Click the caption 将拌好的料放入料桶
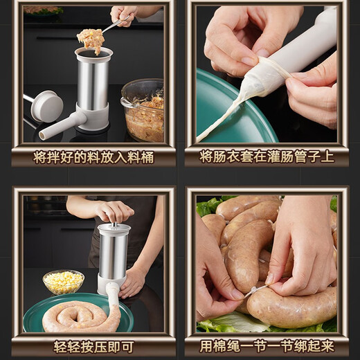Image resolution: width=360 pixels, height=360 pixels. coord(93,157)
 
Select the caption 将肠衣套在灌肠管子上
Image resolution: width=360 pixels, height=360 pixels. coord(267,157)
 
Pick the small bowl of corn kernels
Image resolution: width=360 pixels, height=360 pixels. coord(63,281)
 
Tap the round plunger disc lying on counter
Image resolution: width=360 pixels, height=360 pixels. coord(47,105)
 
